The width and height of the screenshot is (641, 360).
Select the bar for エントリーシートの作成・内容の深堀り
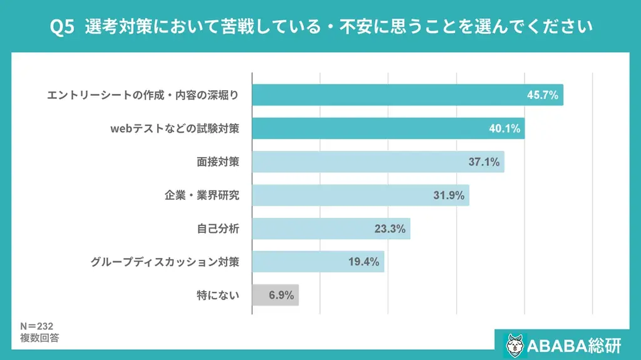coord(407,95)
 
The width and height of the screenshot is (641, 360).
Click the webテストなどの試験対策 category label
coord(175,129)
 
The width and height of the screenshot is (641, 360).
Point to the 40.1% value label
coord(505,129)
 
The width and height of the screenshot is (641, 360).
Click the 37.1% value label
coord(484,162)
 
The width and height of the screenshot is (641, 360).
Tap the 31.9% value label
coord(449,195)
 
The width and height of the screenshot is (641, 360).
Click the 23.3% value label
coord(390,229)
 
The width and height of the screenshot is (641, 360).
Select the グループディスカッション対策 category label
coord(165,262)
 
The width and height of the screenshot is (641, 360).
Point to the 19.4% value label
coord(364,262)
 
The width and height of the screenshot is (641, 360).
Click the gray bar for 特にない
coord(275,295)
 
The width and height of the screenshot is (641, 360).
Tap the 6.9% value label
coord(282,295)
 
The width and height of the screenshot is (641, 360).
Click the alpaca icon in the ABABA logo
coord(515,345)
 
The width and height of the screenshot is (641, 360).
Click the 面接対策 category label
coord(218,162)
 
